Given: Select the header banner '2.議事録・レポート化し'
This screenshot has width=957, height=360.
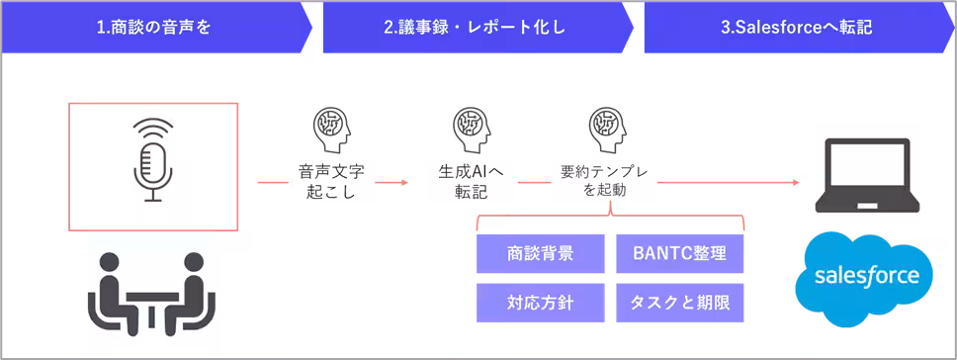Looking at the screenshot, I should (476, 28).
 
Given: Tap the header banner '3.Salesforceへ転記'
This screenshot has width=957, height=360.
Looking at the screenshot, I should (797, 28).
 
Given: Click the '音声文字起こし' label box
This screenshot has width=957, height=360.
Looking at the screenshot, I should (331, 181).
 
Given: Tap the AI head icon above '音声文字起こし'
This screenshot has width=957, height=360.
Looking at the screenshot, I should (331, 129).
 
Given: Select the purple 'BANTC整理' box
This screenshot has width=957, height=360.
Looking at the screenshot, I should (678, 253).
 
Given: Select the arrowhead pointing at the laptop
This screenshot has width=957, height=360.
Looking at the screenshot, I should (795, 182).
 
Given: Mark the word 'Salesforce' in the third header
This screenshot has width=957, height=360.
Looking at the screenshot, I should (780, 28).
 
